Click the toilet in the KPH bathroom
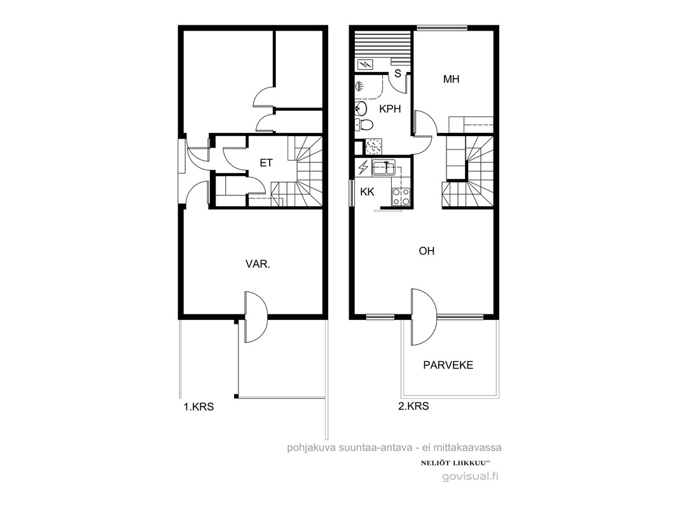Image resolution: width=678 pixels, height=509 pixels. pos(364,125)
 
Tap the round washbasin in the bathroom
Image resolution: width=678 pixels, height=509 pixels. pos(361,108)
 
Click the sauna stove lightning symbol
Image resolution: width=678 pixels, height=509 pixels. pos(365,65)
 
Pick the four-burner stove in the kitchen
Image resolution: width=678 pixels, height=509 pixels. pos(401,197)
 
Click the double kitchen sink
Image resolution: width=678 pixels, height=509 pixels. pos(384,167)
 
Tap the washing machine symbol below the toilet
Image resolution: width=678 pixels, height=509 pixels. pos(373,146)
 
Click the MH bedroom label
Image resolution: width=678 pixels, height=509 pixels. pos(451,79)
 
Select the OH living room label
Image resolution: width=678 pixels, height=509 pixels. pos(426,251)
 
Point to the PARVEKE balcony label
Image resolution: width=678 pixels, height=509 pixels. pos(448,365)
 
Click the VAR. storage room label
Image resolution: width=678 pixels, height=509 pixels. pos(258,264)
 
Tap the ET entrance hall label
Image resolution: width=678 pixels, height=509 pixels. pos(266,163)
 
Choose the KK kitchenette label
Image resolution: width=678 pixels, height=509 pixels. pos(367,192)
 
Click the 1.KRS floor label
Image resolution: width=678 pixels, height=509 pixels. pos(199,407)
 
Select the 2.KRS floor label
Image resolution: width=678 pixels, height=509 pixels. pos(414,406)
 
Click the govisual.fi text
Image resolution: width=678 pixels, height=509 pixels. pos(471,476)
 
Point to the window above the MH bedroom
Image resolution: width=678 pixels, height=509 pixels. pos(442,28)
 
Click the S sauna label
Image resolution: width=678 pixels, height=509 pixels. pos(398,74)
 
